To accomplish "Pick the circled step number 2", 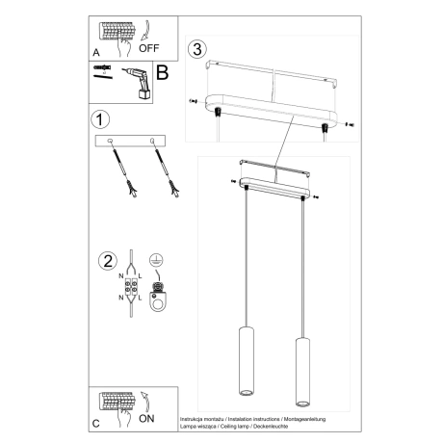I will pyautogui.click(x=107, y=260).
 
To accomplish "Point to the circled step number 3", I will pyautogui.click(x=198, y=49).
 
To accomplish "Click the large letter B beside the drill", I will pyautogui.click(x=162, y=72).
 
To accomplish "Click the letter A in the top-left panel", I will pyautogui.click(x=95, y=55).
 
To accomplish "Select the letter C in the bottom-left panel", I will pyautogui.click(x=94, y=423).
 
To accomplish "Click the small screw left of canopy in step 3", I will pyautogui.click(x=194, y=100).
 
